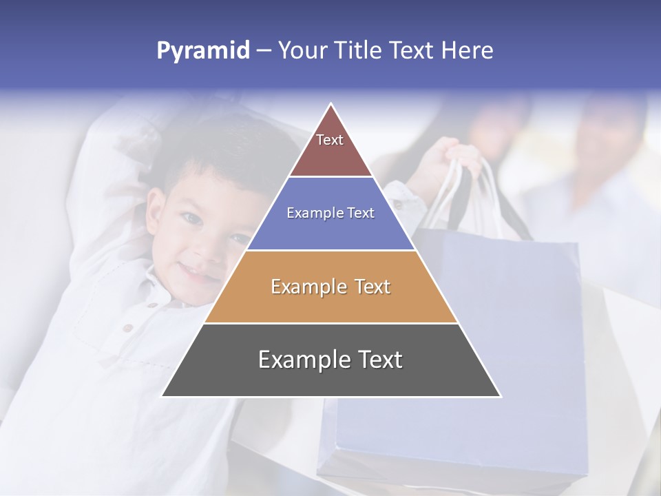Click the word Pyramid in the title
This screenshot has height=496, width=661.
[x=202, y=50]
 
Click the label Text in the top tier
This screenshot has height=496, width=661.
[x=330, y=140]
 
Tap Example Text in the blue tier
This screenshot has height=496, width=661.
[x=330, y=213]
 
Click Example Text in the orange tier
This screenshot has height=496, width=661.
[x=330, y=287]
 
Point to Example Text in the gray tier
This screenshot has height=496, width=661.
[x=330, y=360]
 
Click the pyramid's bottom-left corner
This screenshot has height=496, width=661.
[x=162, y=396]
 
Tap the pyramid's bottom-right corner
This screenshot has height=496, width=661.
[x=500, y=396]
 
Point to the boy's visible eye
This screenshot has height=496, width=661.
[x=190, y=218]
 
